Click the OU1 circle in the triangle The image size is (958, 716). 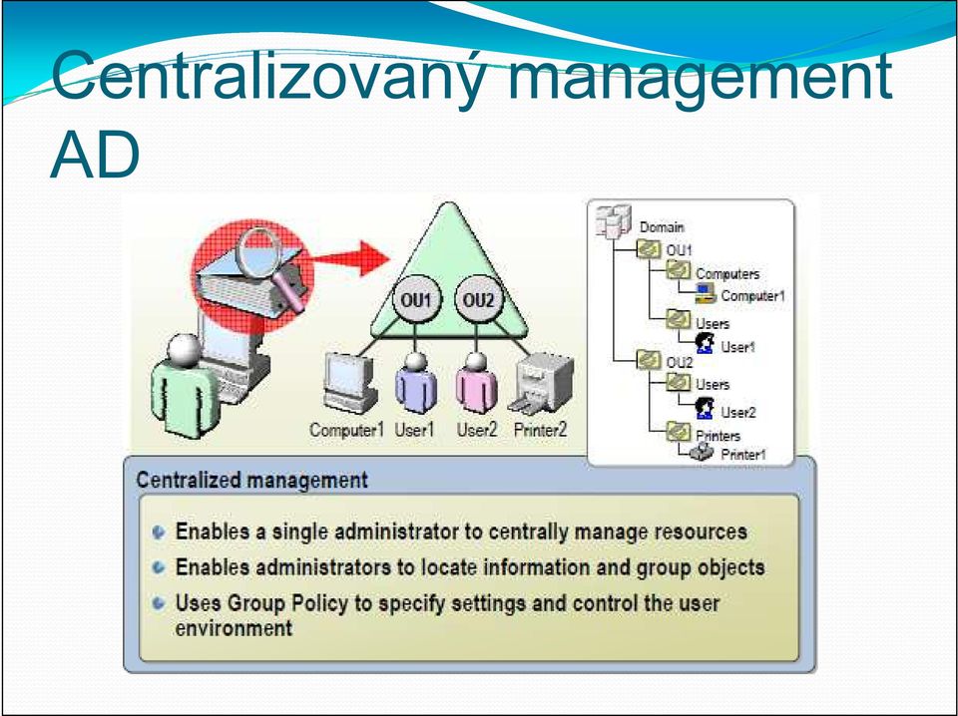pos(415,300)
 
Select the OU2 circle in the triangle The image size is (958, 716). pos(478,300)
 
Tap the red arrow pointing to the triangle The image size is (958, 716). pos(351,258)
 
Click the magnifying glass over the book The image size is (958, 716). pos(268,262)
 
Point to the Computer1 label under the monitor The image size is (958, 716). pos(346,431)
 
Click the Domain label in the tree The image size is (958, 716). pos(662,227)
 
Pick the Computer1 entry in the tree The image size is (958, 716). pos(752,296)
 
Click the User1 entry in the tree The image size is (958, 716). pos(738,347)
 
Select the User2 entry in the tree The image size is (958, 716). pos(738,413)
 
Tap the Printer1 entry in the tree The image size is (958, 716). pos(743,455)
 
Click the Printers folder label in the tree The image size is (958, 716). pos(718,436)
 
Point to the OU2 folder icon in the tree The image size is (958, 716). pos(649,360)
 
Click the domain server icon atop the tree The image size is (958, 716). pos(613,221)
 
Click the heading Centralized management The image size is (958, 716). pos(251,480)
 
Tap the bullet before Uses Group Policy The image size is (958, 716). pos(159,603)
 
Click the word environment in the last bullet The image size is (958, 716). pos(234,628)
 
